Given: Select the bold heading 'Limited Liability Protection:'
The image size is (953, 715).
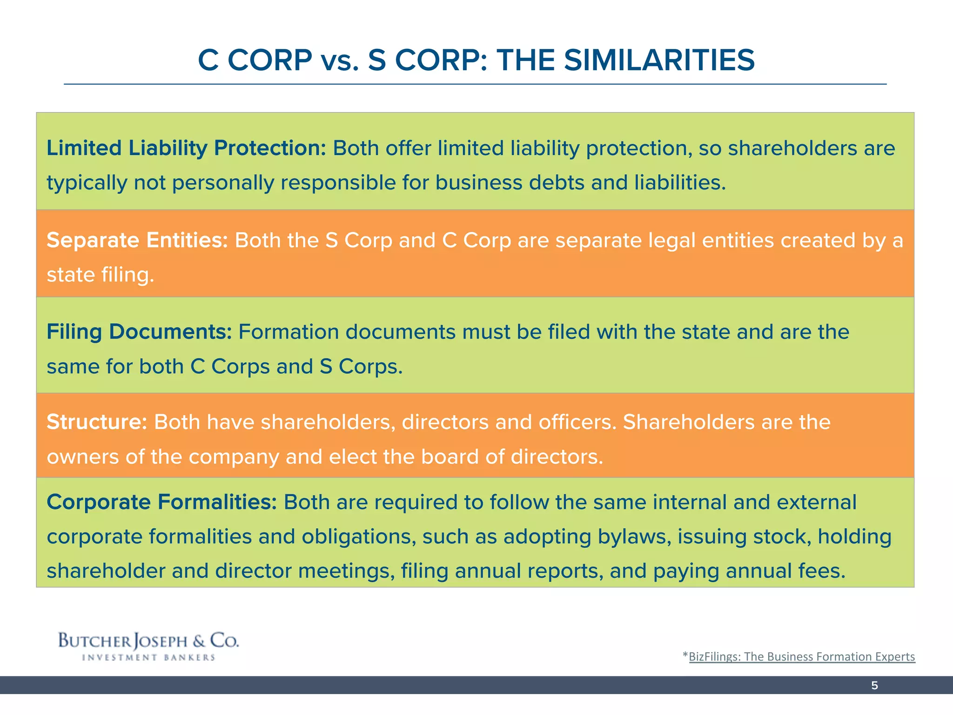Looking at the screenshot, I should click(x=186, y=148).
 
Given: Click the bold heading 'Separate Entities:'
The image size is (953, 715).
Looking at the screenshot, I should click(x=137, y=241).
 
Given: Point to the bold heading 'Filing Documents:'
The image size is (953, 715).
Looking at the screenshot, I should click(x=139, y=332).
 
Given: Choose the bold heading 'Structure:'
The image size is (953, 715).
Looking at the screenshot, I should click(x=97, y=422).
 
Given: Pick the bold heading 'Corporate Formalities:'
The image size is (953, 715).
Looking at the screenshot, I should click(x=161, y=502).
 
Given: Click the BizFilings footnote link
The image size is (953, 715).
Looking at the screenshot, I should click(x=801, y=656).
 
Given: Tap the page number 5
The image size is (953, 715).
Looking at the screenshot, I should click(x=874, y=685).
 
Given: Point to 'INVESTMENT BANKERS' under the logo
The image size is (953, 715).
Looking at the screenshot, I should click(x=148, y=658).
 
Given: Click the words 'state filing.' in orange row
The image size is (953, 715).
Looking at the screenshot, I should click(x=100, y=275).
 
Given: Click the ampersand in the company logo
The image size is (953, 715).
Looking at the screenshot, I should click(x=199, y=641).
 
